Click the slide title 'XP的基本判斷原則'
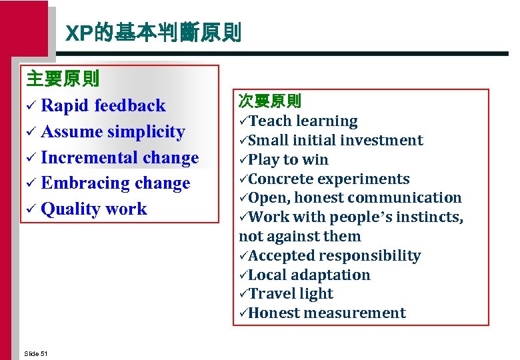(x=153, y=33)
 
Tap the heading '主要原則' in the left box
(x=63, y=79)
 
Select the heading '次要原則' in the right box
(x=270, y=102)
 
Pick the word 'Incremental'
(x=80, y=157)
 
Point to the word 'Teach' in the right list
(x=271, y=121)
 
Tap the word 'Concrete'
(x=282, y=179)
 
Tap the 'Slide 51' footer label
(x=35, y=353)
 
